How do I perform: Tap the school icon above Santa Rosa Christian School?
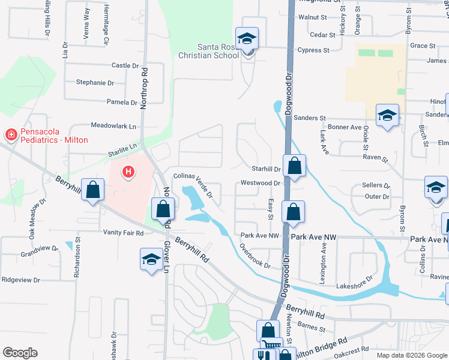pos(247,40)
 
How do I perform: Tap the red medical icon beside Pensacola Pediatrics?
pos(11,134)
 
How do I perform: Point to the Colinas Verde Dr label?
pos(193,185)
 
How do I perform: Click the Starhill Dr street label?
pos(266,170)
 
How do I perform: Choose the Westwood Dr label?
pos(261,183)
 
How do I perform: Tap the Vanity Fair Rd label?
pos(123,233)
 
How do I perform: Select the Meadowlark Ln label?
pos(113,126)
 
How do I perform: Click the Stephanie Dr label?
pos(95,83)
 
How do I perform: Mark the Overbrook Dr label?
pos(255,255)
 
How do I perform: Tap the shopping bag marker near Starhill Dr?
pos(294,166)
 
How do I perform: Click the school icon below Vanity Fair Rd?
pos(151,259)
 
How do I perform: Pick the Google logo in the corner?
pos(20,353)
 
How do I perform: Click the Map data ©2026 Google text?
pos(411,355)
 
